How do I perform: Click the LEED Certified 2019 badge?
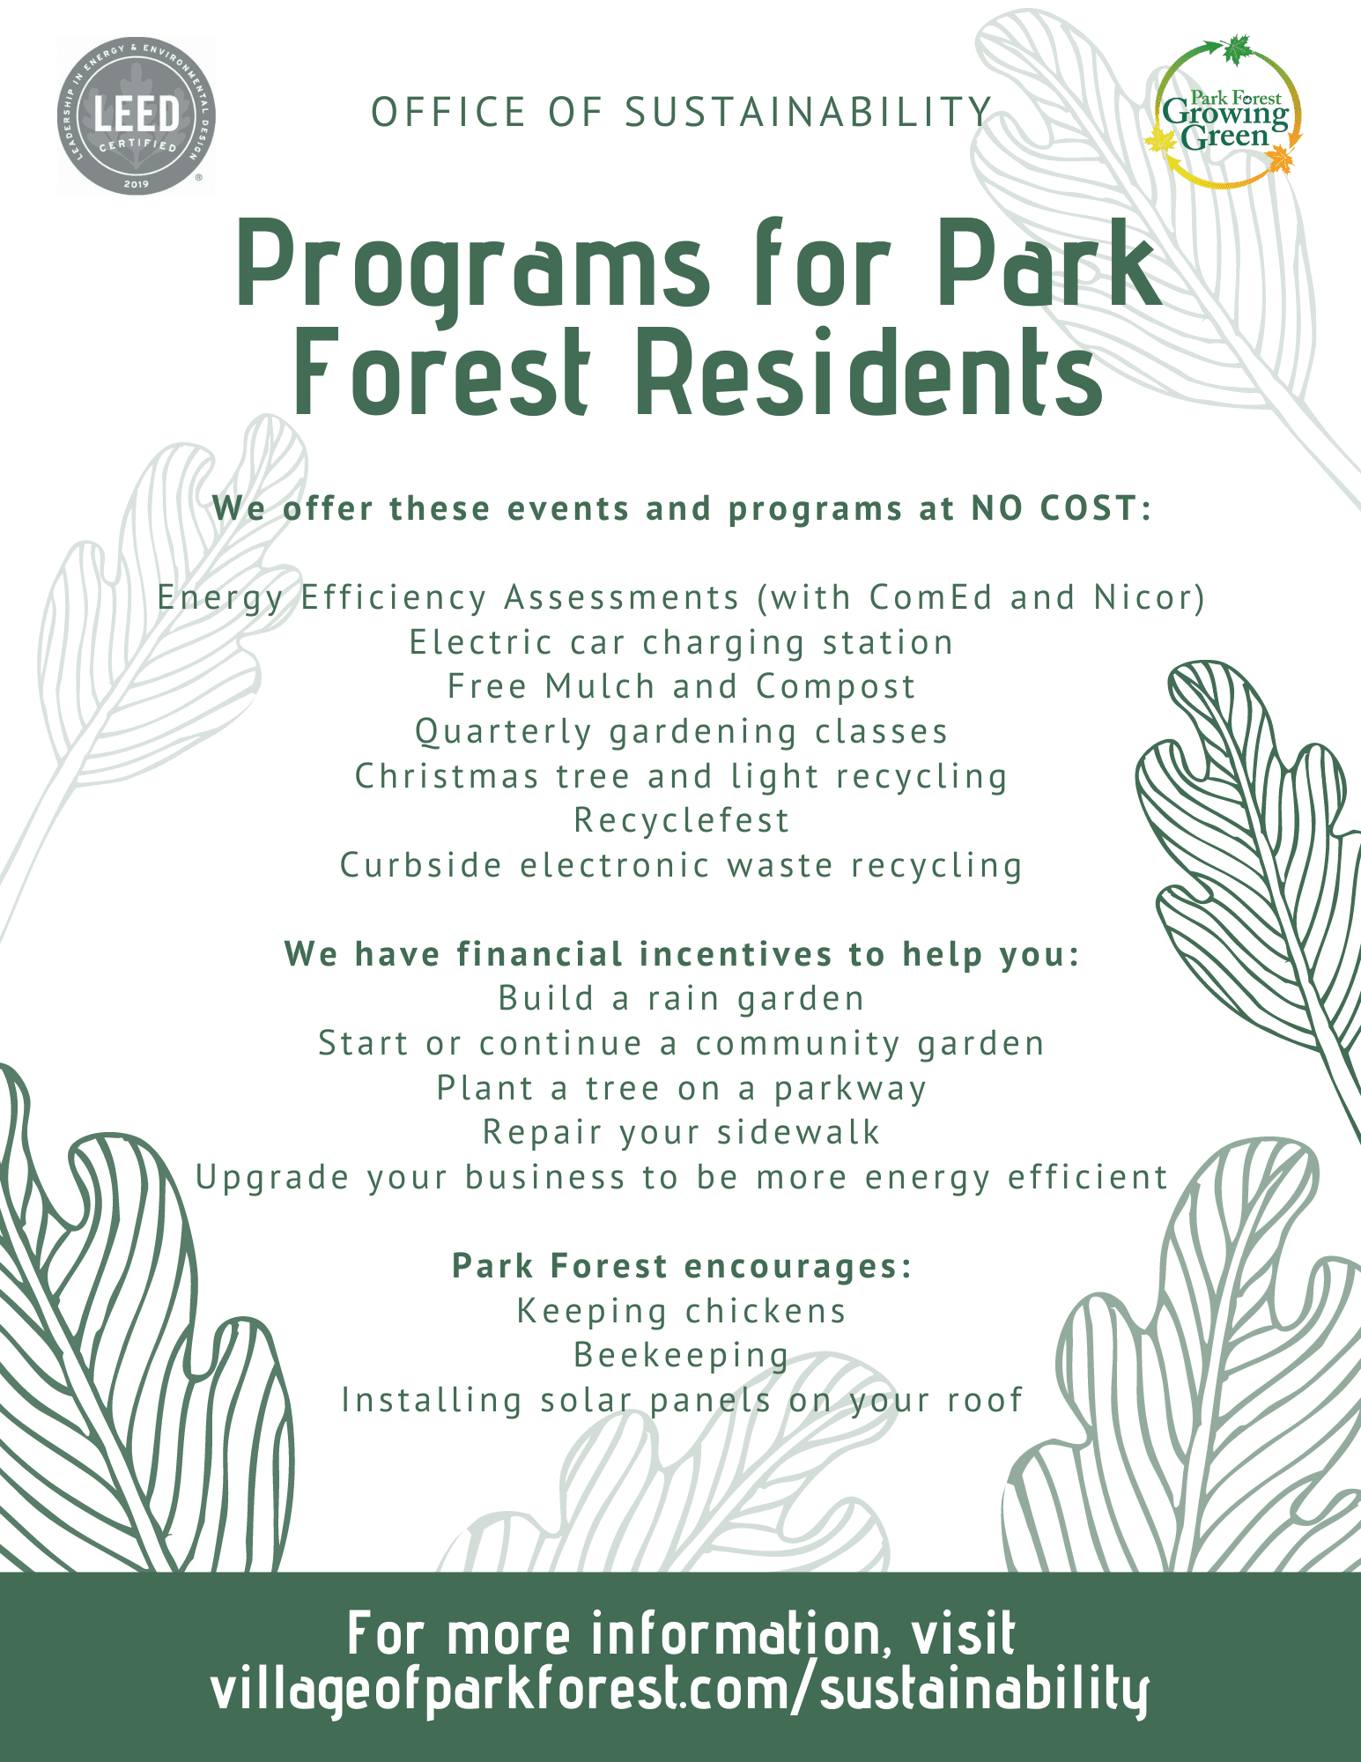[x=137, y=115]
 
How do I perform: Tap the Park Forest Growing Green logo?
[x=1225, y=113]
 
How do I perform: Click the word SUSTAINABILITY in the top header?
[x=809, y=113]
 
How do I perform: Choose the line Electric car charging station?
[x=681, y=642]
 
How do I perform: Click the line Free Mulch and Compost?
[x=681, y=686]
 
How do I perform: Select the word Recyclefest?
[x=681, y=820]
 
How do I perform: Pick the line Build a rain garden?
[x=681, y=998]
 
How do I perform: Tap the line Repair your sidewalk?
[x=681, y=1132]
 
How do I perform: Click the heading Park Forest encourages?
[x=681, y=1266]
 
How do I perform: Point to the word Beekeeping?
[x=681, y=1355]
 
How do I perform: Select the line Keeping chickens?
[x=681, y=1311]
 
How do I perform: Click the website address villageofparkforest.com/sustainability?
[x=681, y=1687]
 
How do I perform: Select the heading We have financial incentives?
[x=681, y=954]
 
